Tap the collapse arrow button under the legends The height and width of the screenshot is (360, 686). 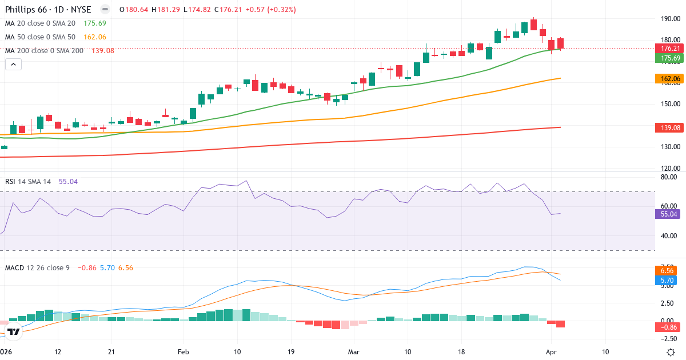[x=13, y=65]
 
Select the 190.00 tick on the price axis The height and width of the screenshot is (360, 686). [x=669, y=18]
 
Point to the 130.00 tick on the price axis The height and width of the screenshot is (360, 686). [x=669, y=147]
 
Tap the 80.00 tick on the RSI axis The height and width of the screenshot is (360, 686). [x=669, y=177]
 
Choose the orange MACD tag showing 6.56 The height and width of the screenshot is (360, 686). [x=668, y=270]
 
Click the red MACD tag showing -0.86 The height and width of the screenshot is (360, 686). [x=668, y=327]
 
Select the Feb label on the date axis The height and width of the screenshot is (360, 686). [x=183, y=351]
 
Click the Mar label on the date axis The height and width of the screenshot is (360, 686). [x=354, y=351]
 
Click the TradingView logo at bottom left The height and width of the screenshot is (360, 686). [x=14, y=331]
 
